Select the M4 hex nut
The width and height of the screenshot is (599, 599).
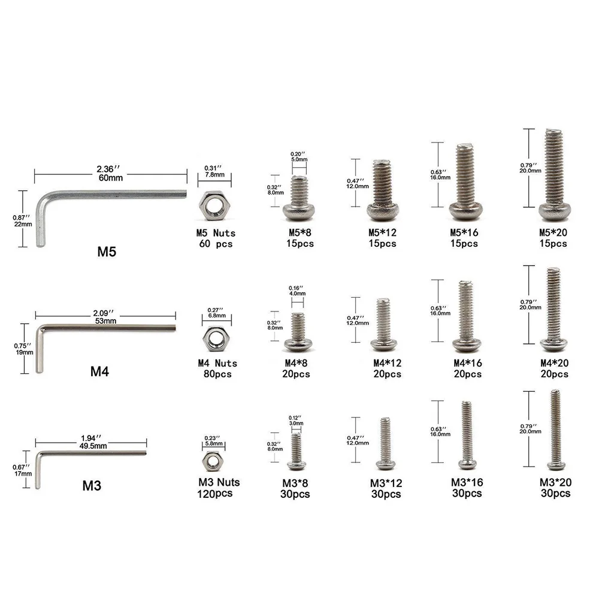click(216, 339)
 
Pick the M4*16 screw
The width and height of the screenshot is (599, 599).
click(466, 316)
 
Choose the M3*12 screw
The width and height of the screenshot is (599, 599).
click(385, 443)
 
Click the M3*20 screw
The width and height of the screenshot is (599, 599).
click(556, 429)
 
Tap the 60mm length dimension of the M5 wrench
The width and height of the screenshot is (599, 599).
click(111, 178)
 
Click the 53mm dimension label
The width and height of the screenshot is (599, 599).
click(105, 321)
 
